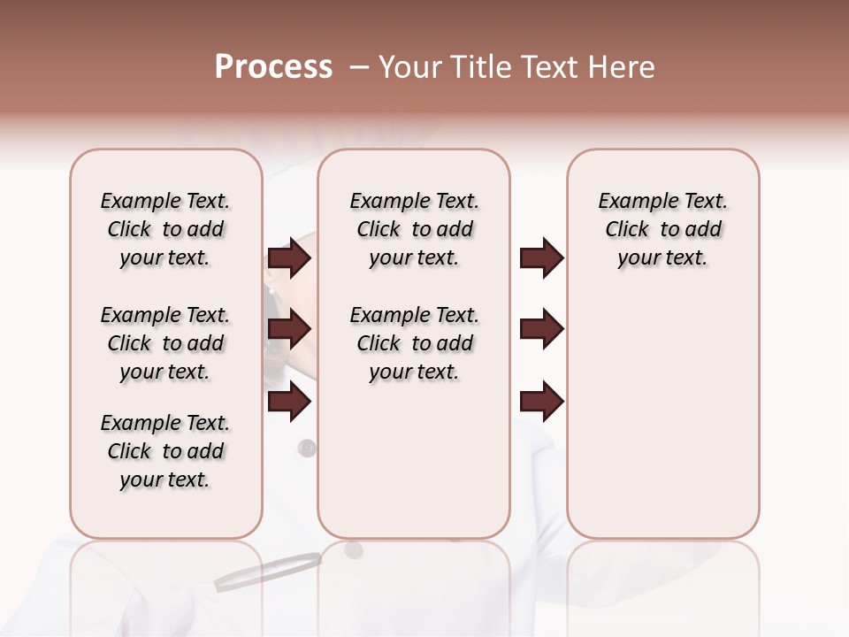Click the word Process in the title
(x=273, y=67)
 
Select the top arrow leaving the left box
(x=289, y=257)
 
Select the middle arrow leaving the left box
(x=289, y=329)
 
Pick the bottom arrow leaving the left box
(x=289, y=402)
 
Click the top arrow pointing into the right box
(x=541, y=257)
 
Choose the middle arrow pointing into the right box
(x=541, y=329)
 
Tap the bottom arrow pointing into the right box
(x=541, y=402)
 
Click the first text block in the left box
(x=165, y=229)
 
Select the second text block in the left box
(x=165, y=343)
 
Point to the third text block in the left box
(x=165, y=451)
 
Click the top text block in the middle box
(x=414, y=229)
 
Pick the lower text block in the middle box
(x=414, y=343)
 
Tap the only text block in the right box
(x=662, y=229)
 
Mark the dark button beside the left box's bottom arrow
(x=307, y=448)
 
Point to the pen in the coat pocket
(x=268, y=571)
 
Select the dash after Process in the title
(x=359, y=67)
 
